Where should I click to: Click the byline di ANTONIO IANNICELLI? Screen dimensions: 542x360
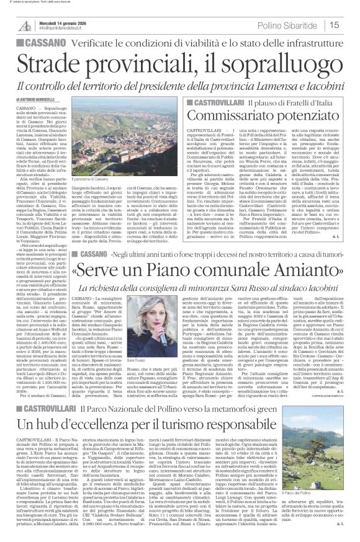(x=38, y=99)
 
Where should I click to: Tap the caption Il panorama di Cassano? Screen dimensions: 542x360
(x=100, y=162)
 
